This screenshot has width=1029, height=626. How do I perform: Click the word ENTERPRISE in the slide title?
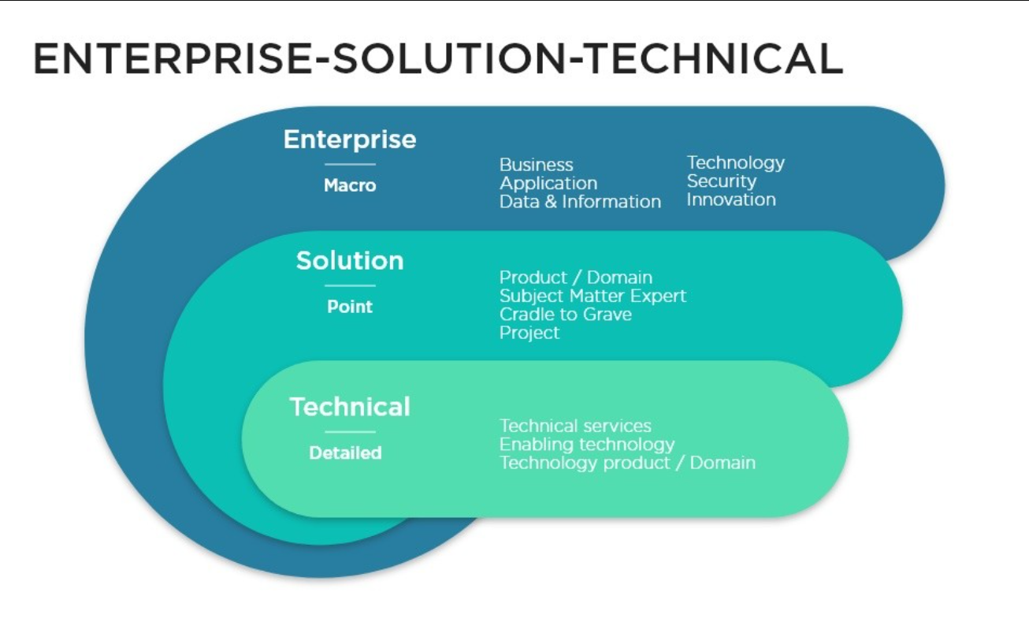coord(167,59)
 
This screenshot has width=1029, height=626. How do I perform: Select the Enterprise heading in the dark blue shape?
coord(350,140)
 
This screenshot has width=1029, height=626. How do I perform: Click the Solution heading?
coord(350,261)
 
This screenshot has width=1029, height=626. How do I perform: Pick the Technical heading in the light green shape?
coord(350,407)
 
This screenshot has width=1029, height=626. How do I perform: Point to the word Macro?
coord(350,186)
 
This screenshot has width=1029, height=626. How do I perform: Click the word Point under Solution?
coord(350,307)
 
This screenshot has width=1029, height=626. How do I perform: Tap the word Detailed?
coord(345,453)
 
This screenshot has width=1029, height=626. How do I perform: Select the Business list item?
coord(536,165)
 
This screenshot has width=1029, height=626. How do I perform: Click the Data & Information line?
coord(580,202)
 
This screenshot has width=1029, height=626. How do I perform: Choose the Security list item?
coord(721,181)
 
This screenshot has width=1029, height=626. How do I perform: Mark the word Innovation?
coord(730,199)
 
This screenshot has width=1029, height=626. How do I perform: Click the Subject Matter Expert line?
coord(593,296)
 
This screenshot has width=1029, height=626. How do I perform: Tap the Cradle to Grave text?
coord(565,315)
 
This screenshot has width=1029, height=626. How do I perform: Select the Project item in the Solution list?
coord(529,333)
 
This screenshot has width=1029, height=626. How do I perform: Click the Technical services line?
coord(575,427)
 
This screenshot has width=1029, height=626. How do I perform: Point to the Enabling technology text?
coord(587,445)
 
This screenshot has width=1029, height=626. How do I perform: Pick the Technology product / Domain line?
coord(627,463)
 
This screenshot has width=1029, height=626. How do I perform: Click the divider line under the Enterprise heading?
coord(350,164)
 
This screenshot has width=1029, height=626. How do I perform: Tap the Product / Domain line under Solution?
coord(575,278)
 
